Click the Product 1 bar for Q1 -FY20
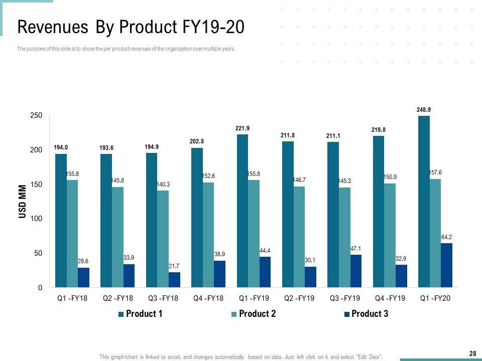pos(424,202)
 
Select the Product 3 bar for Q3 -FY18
pos(174,280)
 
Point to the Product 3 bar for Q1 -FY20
pos(446,265)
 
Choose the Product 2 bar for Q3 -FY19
pos(344,237)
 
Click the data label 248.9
pos(424,109)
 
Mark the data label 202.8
pos(197,141)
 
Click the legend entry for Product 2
pos(253,314)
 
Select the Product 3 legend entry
pos(366,314)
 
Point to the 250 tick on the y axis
pos(36,116)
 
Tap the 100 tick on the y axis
pos(36,219)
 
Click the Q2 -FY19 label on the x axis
pos(299,298)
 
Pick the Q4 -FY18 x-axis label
pos(208,298)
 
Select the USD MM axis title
pos(23,202)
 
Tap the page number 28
pos(472,354)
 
